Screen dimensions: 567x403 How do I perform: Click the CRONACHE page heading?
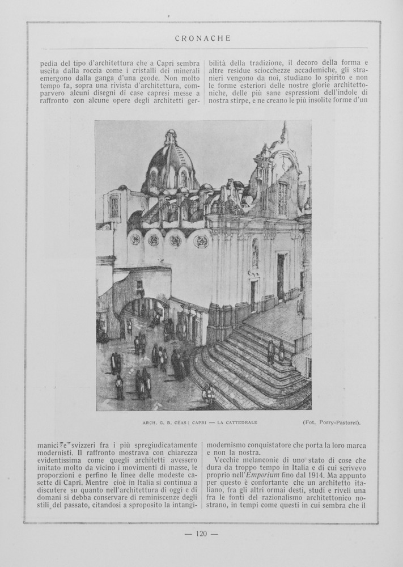202,39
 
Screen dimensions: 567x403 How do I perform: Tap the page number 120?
202,533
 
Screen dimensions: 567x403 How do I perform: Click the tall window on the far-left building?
114,206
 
